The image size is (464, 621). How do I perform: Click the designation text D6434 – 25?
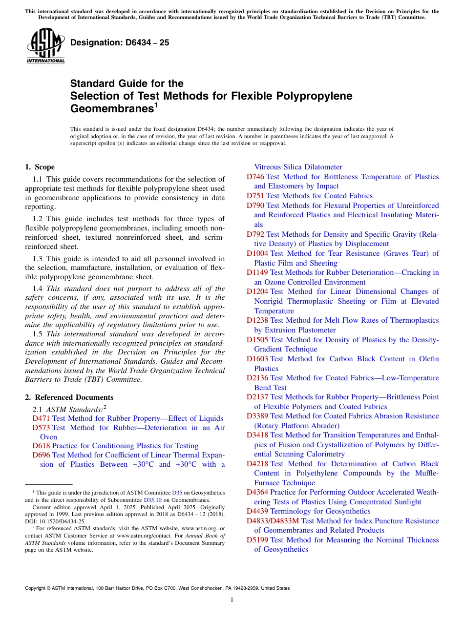[120, 42]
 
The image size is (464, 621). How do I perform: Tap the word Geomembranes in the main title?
[110, 108]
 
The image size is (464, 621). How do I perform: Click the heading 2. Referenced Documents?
[69, 397]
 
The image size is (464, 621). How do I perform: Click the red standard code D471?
[42, 418]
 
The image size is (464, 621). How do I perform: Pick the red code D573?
[42, 428]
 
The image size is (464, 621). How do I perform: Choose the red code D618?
[42, 446]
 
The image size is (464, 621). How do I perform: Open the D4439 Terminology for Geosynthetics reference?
[308, 511]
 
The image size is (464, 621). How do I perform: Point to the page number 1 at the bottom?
[232, 600]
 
